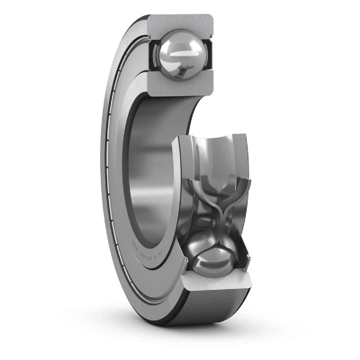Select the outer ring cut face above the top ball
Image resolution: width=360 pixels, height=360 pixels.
[180, 21]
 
